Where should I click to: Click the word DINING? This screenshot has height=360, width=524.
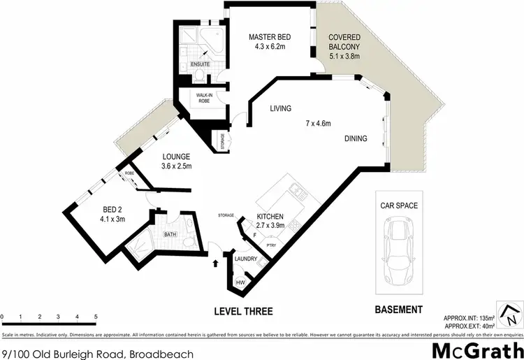pyautogui.click(x=356, y=139)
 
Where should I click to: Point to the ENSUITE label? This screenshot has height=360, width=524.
pyautogui.click(x=201, y=64)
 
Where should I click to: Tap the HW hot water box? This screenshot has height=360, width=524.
pyautogui.click(x=240, y=282)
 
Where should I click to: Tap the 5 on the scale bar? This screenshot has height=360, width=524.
pyautogui.click(x=95, y=317)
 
